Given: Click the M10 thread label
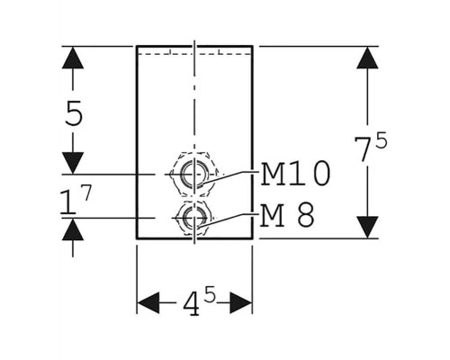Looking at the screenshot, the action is click(295, 174).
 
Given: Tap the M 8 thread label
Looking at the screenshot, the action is click(287, 215).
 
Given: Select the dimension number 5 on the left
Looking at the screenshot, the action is click(74, 113).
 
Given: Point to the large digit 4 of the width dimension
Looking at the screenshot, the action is click(192, 303).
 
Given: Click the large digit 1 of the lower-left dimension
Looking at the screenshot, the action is click(68, 202).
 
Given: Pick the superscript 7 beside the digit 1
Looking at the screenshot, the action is click(86, 193).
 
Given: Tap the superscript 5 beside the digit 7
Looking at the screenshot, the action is click(382, 140).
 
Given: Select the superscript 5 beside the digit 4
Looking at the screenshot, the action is click(211, 294).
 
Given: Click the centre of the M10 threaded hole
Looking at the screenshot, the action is click(194, 174).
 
